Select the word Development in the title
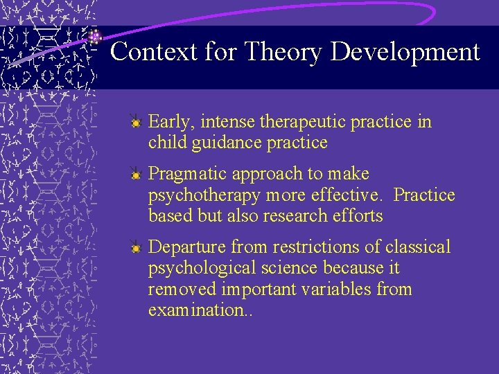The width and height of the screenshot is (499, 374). click(x=405, y=52)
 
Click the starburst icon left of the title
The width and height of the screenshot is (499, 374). click(x=95, y=37)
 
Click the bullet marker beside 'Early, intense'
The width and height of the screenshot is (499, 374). click(x=137, y=123)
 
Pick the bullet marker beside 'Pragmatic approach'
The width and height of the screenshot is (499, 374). click(x=137, y=175)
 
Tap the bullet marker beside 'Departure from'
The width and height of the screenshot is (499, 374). click(x=137, y=248)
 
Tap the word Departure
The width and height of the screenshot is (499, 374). click(x=188, y=247)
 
